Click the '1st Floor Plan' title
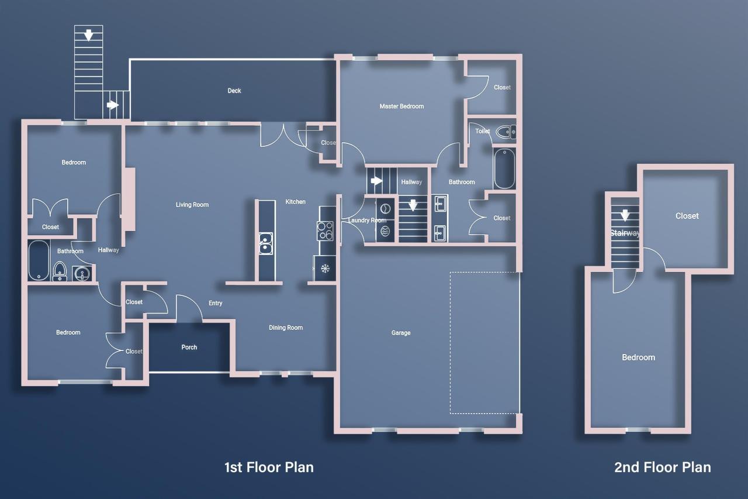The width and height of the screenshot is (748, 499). (269, 467)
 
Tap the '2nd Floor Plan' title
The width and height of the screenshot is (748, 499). (662, 467)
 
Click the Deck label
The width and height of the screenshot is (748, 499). (234, 91)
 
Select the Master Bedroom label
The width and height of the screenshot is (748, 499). (401, 106)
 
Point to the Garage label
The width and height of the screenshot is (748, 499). (401, 333)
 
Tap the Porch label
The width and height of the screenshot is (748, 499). (189, 347)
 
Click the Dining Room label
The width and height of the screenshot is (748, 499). (286, 328)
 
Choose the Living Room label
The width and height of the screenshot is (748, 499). (192, 205)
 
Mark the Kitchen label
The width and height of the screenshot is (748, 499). (295, 202)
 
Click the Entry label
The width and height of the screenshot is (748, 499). (215, 303)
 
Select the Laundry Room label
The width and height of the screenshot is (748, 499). (367, 221)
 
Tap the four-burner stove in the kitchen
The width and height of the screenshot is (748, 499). (325, 231)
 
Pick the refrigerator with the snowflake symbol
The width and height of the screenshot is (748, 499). (325, 269)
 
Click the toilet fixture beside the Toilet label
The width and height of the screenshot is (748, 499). (505, 132)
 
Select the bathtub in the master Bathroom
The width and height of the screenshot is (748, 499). (504, 168)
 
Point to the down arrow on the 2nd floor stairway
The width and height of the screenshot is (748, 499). (625, 215)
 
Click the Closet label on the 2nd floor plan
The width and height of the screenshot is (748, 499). (687, 216)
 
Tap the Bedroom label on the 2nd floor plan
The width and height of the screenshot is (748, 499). (638, 357)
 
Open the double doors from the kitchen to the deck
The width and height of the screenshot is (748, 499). (280, 136)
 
